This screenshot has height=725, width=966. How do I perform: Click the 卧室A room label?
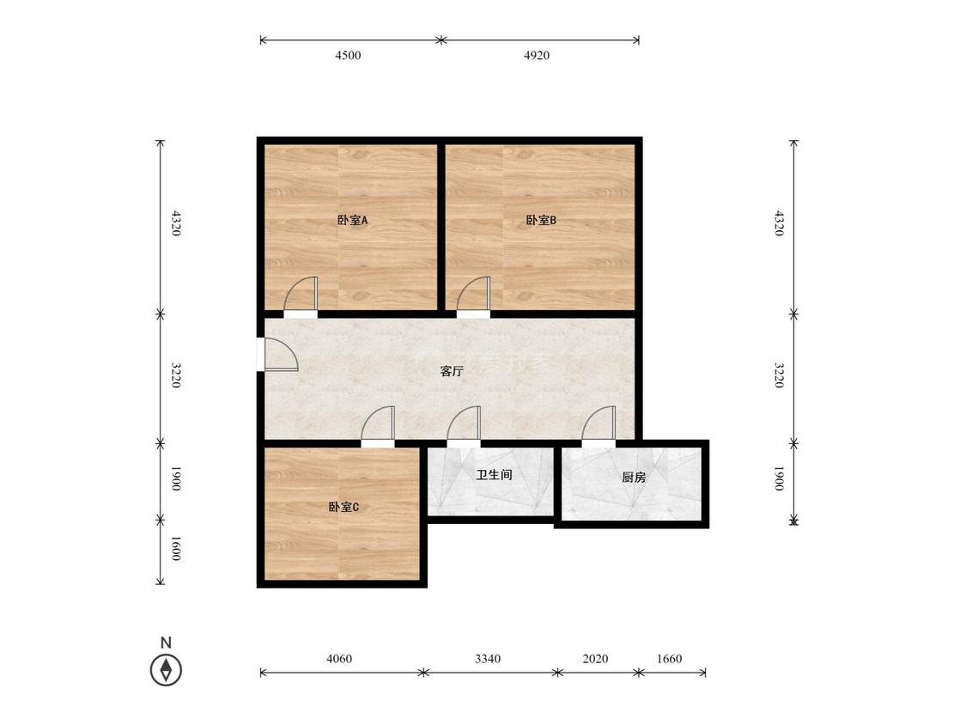click(352, 220)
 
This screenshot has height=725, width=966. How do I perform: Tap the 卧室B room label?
click(541, 220)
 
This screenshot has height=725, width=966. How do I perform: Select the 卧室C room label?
click(343, 508)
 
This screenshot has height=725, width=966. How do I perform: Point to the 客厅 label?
click(452, 371)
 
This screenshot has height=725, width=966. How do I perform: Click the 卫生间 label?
click(494, 475)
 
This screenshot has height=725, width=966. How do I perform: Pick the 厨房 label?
click(634, 477)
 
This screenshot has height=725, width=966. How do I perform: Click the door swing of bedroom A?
click(301, 294)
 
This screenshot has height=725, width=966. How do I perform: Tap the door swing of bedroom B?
click(473, 294)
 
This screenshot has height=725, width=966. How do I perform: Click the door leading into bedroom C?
click(378, 423)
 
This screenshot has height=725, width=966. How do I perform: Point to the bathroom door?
click(464, 423)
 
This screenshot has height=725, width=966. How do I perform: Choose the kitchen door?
click(598, 423)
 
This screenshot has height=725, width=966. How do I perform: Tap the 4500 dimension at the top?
click(348, 56)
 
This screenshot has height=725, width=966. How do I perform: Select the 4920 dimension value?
click(537, 56)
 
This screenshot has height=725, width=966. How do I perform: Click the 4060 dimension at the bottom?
click(339, 659)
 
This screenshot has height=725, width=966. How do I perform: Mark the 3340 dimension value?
click(488, 659)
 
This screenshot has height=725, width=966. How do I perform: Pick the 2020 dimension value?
click(595, 659)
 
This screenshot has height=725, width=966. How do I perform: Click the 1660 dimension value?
click(669, 659)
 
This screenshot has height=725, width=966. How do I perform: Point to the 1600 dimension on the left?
click(175, 549)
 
